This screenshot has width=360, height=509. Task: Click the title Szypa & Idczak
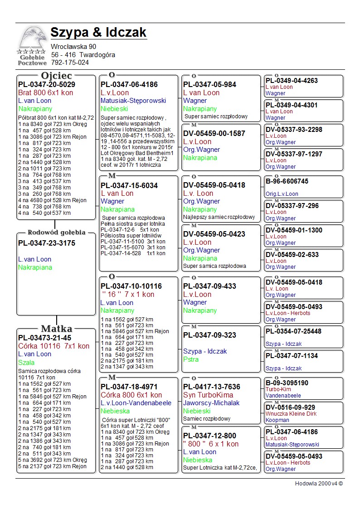tap(98, 32)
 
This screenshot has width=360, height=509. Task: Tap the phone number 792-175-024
tap(70, 63)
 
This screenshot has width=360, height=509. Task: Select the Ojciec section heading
tap(56, 75)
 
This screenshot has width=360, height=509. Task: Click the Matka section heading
tap(56, 329)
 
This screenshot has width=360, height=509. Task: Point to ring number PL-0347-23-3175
tap(47, 243)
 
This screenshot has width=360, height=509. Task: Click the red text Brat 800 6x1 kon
tap(45, 92)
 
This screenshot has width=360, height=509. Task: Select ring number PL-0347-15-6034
tap(129, 185)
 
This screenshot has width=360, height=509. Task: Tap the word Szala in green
tap(26, 362)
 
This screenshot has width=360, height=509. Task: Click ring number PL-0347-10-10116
tap(131, 286)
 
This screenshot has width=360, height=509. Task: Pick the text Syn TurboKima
tap(208, 395)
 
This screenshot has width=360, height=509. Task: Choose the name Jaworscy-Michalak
tap(211, 403)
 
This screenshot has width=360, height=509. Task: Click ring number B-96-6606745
tap(287, 181)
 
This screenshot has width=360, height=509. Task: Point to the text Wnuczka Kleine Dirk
tap(291, 414)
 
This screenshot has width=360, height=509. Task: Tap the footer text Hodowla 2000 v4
tap(319, 484)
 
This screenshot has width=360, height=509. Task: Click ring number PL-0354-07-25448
tap(293, 331)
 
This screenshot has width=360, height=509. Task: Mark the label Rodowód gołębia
tap(56, 233)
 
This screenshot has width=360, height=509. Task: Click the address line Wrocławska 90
tap(73, 47)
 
